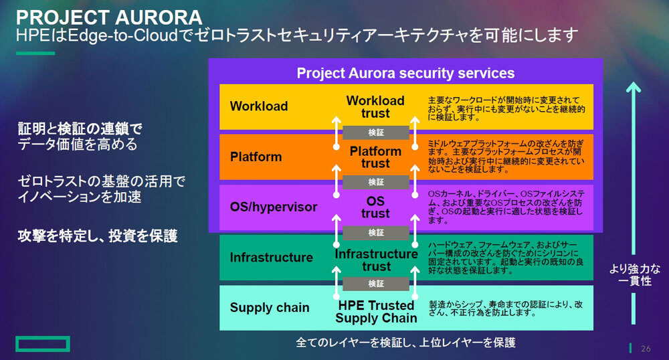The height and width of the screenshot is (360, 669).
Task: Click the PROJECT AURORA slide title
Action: pos(110,16)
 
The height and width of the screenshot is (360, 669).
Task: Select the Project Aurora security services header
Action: pos(405,73)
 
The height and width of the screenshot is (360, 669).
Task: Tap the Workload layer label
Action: pos(259,106)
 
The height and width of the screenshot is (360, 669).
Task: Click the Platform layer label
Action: pos(256,157)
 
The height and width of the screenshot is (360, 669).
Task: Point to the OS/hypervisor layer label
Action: pos(273,207)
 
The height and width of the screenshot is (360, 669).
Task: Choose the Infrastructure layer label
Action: pos(271,258)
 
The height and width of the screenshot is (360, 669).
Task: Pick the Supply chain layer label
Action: pos(270,308)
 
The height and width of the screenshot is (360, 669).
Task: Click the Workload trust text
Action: pos(375,107)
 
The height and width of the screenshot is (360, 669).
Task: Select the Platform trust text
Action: pos(375,157)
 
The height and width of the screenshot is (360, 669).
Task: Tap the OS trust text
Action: pos(375,207)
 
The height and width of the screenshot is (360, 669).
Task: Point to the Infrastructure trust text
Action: pos(376,260)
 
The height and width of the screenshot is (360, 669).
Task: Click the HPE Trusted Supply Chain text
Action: pos(376,312)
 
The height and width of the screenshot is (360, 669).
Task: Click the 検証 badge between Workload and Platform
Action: pos(376,132)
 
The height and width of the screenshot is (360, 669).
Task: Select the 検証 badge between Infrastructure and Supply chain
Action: pos(376,284)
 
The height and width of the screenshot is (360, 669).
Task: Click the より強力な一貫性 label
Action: pos(634,276)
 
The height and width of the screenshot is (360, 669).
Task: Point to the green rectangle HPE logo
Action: pos(43,344)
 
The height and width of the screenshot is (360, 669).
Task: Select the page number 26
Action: pos(646,349)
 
